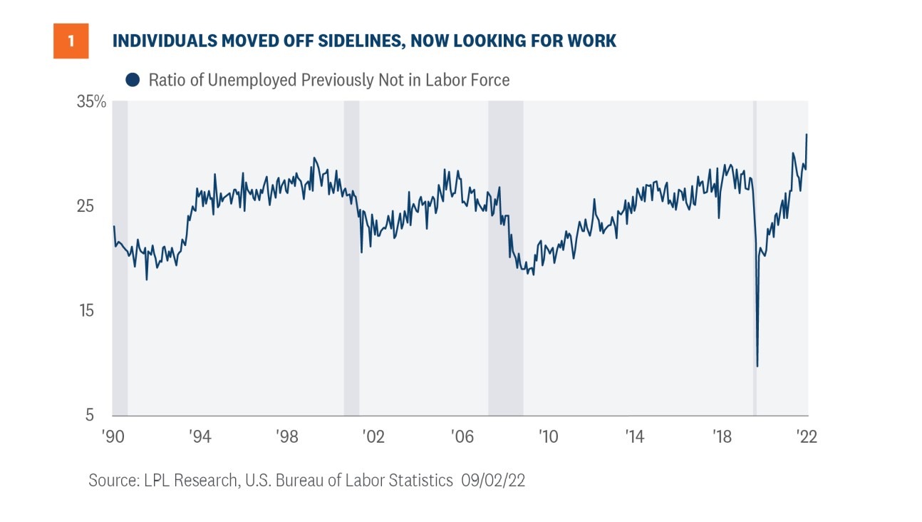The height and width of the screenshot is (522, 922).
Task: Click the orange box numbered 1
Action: [71, 41]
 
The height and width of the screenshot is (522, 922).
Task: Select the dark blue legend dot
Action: [132, 80]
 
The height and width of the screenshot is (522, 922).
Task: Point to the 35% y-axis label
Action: [91, 102]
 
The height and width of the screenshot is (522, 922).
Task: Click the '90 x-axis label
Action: [113, 436]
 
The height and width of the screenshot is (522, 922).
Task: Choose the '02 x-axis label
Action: [373, 436]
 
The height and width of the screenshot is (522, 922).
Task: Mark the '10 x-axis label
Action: [547, 436]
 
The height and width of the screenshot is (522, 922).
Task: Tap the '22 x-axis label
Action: [806, 436]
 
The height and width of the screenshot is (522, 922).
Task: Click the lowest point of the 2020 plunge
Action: [757, 367]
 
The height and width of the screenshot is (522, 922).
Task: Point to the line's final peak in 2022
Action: [807, 134]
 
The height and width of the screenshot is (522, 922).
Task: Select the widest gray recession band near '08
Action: [505, 257]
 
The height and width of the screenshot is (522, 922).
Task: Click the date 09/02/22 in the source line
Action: [493, 481]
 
